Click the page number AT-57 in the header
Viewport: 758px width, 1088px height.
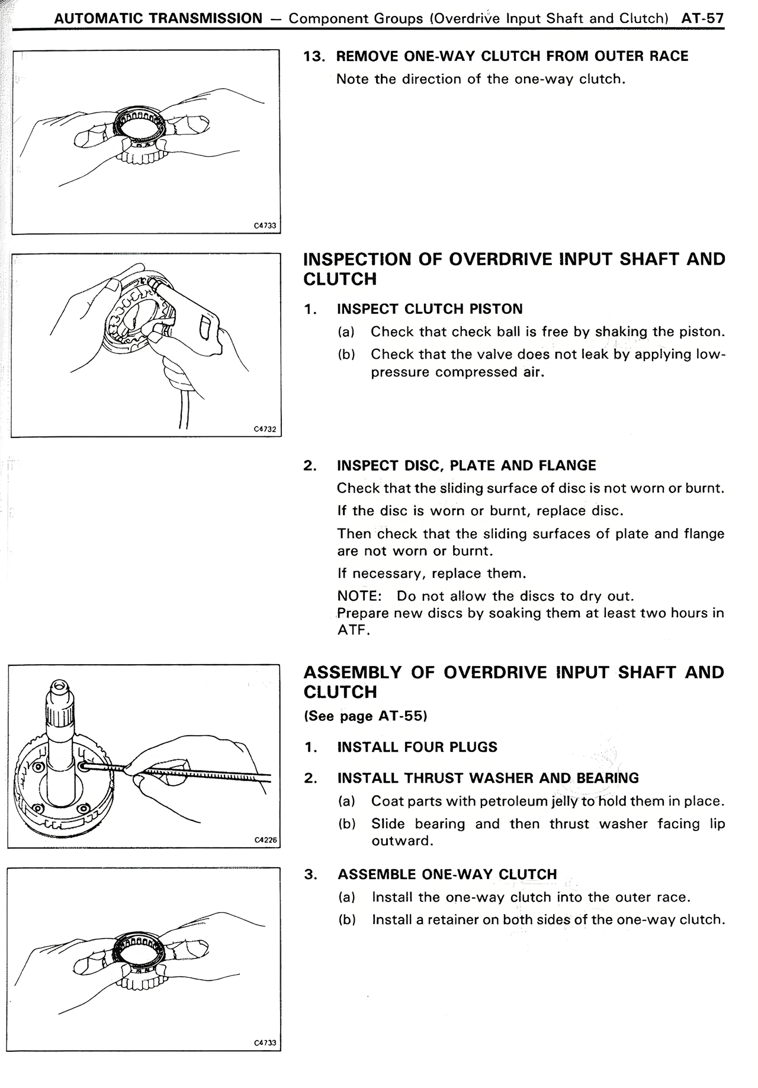[x=702, y=18]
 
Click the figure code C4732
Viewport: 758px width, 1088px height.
[x=265, y=429]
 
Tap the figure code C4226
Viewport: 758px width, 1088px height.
[x=265, y=840]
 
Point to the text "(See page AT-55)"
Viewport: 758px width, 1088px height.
[x=365, y=716]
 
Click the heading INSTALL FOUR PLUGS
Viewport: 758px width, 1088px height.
[x=417, y=747]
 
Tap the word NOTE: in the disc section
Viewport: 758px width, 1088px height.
[x=359, y=596]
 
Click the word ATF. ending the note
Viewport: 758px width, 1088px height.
[x=353, y=630]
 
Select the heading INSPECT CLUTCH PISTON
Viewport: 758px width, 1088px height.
[x=429, y=309]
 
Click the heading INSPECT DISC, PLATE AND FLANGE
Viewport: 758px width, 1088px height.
[x=466, y=466]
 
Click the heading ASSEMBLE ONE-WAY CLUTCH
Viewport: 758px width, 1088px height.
[x=447, y=874]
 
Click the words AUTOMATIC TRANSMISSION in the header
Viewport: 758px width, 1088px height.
[x=158, y=18]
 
